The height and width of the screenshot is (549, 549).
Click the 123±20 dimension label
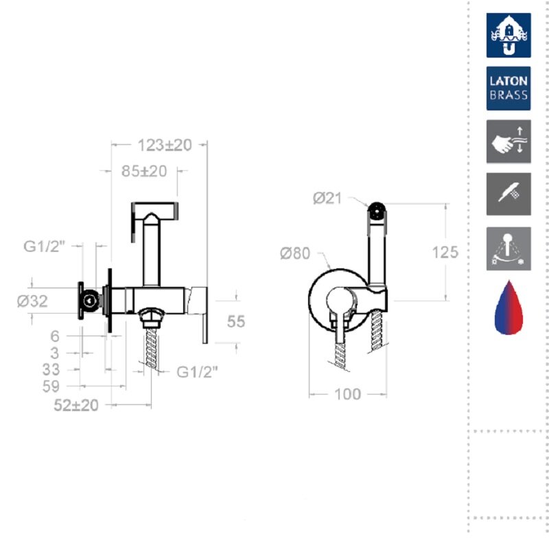click(x=165, y=145)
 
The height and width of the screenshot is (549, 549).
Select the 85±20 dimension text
click(x=144, y=171)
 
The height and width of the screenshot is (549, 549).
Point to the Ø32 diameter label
click(x=32, y=301)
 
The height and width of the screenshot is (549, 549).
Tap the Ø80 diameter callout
click(x=295, y=253)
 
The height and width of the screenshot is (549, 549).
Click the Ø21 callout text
click(x=327, y=198)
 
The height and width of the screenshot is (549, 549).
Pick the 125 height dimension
click(x=445, y=252)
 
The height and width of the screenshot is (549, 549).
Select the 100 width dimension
click(x=348, y=394)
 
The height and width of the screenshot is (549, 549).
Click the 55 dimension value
click(x=235, y=321)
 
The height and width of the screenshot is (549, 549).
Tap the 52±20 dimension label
click(x=76, y=406)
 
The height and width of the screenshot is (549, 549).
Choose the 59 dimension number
click(x=51, y=386)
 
